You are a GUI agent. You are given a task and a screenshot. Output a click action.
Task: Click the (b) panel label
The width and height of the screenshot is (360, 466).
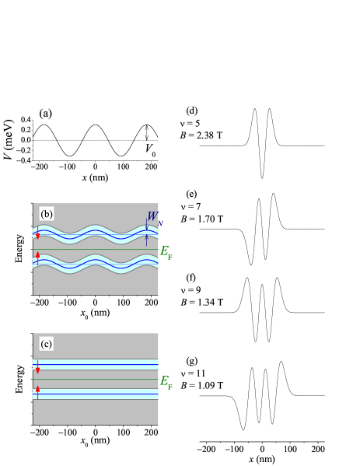pyautogui.click(x=47, y=214)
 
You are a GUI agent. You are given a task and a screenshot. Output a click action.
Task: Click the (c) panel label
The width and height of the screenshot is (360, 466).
pyautogui.click(x=47, y=344)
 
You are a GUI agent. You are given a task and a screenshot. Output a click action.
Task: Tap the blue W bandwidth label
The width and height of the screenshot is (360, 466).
pyautogui.click(x=153, y=217)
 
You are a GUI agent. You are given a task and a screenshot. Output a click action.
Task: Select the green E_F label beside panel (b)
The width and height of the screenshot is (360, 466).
pyautogui.click(x=166, y=251)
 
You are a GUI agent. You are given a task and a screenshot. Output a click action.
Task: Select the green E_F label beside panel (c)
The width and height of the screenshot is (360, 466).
pyautogui.click(x=166, y=381)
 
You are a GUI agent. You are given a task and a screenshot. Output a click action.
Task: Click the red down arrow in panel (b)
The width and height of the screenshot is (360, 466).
pyautogui.click(x=37, y=233)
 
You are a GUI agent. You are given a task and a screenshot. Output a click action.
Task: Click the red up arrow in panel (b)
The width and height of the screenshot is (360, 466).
pyautogui.click(x=37, y=258)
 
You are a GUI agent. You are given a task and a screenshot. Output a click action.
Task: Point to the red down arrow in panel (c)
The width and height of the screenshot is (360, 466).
pyautogui.click(x=37, y=366)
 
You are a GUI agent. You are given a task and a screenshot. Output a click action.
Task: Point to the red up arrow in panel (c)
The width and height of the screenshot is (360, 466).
pyautogui.click(x=37, y=391)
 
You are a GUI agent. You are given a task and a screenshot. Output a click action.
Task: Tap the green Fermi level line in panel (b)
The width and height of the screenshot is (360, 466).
pyautogui.click(x=93, y=249)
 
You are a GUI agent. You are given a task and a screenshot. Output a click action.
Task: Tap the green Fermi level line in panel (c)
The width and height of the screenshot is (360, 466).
pyautogui.click(x=93, y=379)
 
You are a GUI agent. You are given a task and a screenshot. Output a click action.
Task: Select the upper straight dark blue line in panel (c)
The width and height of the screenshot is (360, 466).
pyautogui.click(x=93, y=363)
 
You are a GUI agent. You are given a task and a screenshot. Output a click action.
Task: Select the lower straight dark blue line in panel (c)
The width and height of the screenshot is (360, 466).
pyautogui.click(x=93, y=394)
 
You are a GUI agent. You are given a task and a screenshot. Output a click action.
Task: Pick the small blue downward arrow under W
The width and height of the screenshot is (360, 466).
pyautogui.click(x=146, y=226)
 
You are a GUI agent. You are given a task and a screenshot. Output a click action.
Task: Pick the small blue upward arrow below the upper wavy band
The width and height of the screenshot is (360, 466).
pyautogui.click(x=146, y=240)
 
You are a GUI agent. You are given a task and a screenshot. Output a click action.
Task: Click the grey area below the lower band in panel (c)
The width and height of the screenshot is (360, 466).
pyautogui.click(x=93, y=412)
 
